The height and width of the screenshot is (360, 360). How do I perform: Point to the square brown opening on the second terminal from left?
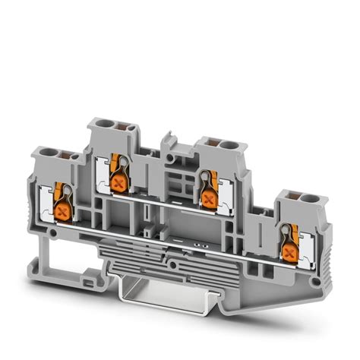[x=118, y=126]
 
